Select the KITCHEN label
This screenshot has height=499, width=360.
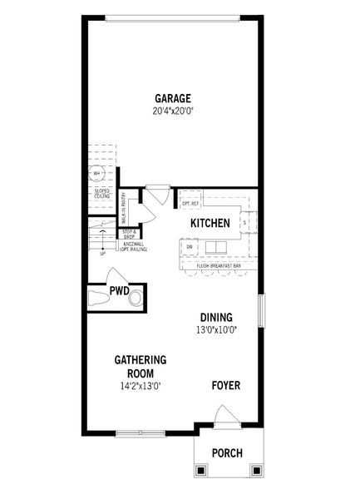[210, 224]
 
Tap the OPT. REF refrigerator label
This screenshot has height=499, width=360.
[190, 204]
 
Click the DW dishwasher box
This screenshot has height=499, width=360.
[190, 247]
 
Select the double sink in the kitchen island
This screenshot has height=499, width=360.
[216, 247]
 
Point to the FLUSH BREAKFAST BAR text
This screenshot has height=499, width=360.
[219, 265]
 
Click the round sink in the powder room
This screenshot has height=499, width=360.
[136, 298]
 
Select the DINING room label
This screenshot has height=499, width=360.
[216, 317]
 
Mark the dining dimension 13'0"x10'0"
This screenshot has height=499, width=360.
[218, 330]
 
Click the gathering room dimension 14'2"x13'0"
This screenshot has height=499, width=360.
[141, 386]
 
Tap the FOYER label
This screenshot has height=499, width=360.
[227, 385]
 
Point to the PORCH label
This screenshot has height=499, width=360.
[227, 453]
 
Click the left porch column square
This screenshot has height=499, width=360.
[200, 470]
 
